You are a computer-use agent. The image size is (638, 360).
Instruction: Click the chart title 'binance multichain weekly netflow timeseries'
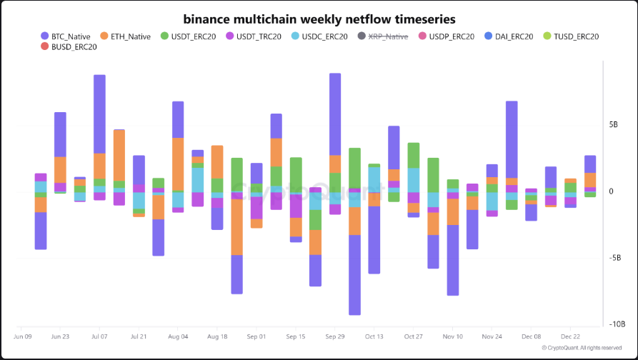[319, 19]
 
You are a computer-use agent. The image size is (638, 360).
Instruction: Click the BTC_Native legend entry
[66, 36]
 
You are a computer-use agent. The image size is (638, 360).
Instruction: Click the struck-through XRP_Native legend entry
[382, 36]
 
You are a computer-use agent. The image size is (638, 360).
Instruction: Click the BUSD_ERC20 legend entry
[69, 47]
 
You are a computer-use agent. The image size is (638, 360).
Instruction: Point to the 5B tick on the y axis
[613, 124]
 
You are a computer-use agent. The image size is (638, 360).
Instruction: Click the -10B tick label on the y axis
[616, 324]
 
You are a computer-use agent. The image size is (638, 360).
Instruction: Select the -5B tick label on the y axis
[614, 258]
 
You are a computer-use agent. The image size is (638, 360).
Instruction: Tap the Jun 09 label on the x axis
[23, 336]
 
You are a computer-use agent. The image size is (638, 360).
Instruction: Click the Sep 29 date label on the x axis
[334, 336]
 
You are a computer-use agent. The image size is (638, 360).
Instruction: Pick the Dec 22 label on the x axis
[570, 336]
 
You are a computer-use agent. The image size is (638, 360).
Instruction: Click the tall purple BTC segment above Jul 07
[99, 114]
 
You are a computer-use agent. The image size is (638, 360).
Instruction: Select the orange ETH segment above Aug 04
[178, 163]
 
